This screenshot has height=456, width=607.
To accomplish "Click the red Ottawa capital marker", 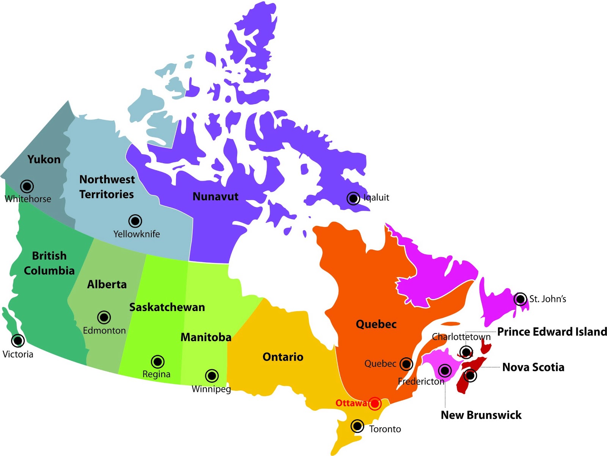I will [x=374, y=403].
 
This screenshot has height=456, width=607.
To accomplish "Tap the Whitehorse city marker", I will [x=27, y=186].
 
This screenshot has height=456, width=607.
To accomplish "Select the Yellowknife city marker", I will [x=135, y=221].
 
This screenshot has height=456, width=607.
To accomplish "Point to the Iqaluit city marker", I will [x=353, y=198].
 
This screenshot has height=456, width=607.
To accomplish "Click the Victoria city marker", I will [x=18, y=340].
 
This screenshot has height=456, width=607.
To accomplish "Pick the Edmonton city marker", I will [x=104, y=317].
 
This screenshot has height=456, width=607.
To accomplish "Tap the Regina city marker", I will [x=158, y=362].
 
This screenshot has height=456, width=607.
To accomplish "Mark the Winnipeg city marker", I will [x=212, y=376].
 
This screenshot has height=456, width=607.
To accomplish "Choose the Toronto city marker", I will [x=357, y=426].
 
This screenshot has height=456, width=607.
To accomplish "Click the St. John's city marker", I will [x=520, y=299].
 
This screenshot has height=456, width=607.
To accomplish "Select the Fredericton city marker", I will [x=445, y=370].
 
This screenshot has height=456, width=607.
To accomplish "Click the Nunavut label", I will [x=215, y=197].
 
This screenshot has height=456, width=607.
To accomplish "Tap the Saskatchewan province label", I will [x=167, y=307].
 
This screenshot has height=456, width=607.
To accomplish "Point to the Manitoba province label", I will [x=206, y=337].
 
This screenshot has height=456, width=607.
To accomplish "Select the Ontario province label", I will [x=283, y=357].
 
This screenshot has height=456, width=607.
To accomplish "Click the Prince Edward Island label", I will [x=552, y=332].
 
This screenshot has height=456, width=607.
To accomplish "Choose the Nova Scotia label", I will [x=533, y=367].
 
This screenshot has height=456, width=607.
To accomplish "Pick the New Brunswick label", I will [x=481, y=415].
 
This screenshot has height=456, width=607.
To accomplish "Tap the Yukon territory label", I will [x=44, y=159].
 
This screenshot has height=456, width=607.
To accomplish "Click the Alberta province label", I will [x=107, y=284].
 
